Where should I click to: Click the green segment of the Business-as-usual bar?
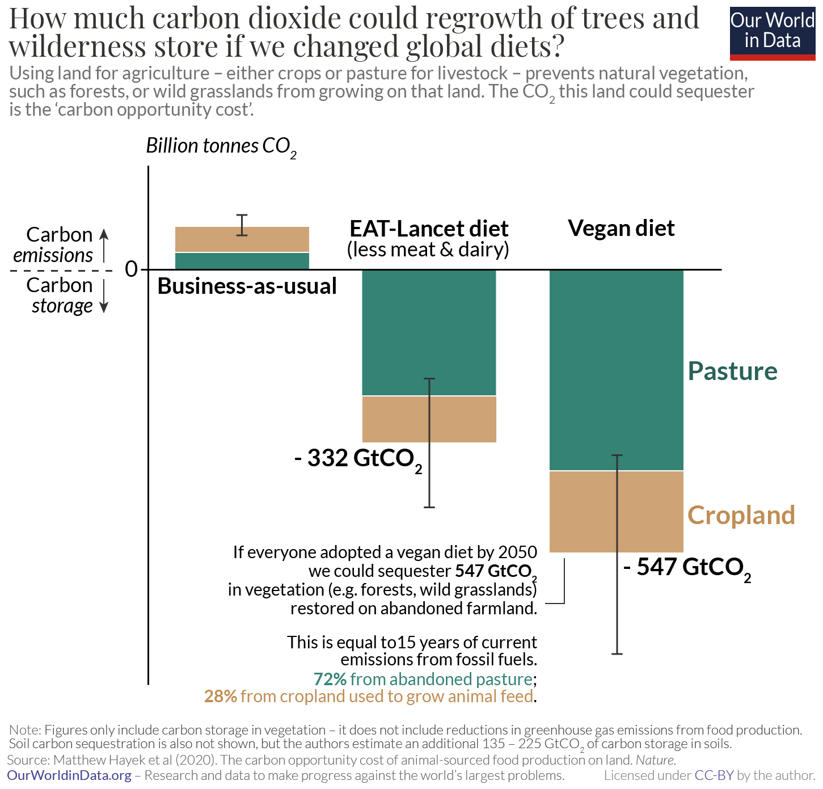(x=242, y=261)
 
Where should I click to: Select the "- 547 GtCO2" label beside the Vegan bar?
(x=687, y=568)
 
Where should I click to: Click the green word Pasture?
(x=732, y=371)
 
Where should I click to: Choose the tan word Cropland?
(x=741, y=515)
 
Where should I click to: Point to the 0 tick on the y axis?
(x=132, y=269)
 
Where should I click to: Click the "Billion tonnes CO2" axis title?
(x=221, y=146)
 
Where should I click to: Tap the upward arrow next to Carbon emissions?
(x=104, y=244)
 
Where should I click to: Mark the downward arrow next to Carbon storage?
(x=104, y=297)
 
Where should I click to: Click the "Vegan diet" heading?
(x=621, y=228)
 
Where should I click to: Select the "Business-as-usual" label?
(x=247, y=286)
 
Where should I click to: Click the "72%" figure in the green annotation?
(x=330, y=679)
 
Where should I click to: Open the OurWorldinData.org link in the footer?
(x=69, y=775)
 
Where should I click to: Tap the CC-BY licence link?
(x=714, y=775)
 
